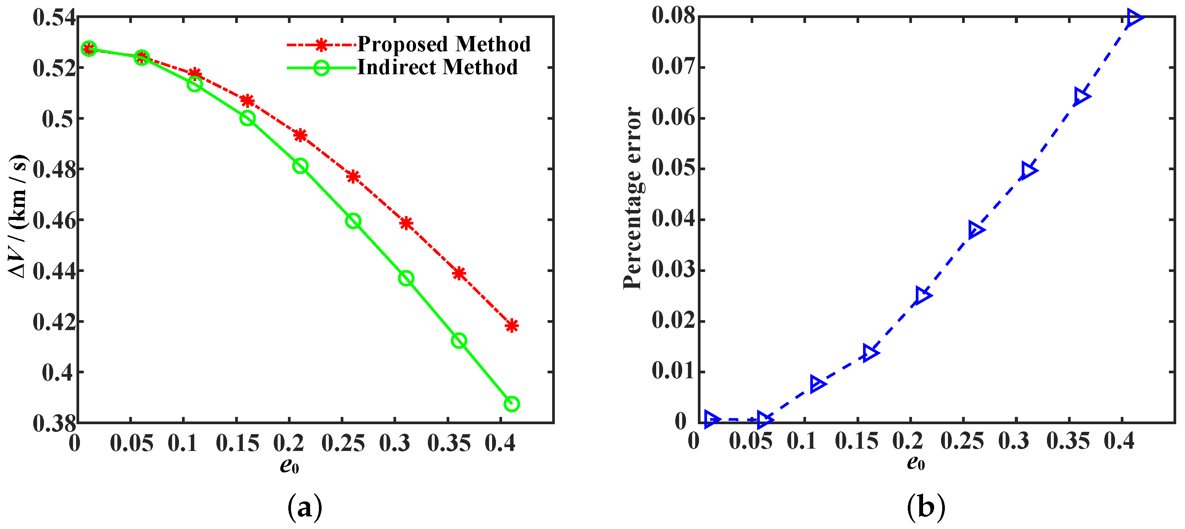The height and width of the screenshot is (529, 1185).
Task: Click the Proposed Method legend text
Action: point(444,44)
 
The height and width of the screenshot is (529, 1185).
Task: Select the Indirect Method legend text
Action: point(437,68)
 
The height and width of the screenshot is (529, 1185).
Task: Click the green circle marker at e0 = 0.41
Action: point(512,404)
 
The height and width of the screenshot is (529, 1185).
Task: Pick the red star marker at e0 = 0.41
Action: point(512,326)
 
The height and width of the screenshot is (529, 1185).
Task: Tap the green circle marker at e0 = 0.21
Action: point(300,166)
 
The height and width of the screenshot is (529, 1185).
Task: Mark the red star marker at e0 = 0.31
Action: point(406,223)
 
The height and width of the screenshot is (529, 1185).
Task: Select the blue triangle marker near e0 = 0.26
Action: point(975,230)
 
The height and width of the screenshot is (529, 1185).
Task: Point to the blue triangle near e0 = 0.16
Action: point(870,353)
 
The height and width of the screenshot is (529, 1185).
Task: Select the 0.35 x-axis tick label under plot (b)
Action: point(1068,442)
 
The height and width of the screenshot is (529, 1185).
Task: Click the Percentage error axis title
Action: point(633,198)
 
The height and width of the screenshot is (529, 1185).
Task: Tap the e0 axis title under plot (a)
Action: point(289,466)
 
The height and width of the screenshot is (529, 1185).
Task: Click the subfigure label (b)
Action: point(925,507)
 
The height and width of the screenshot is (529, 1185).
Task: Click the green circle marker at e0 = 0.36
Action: point(458,340)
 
